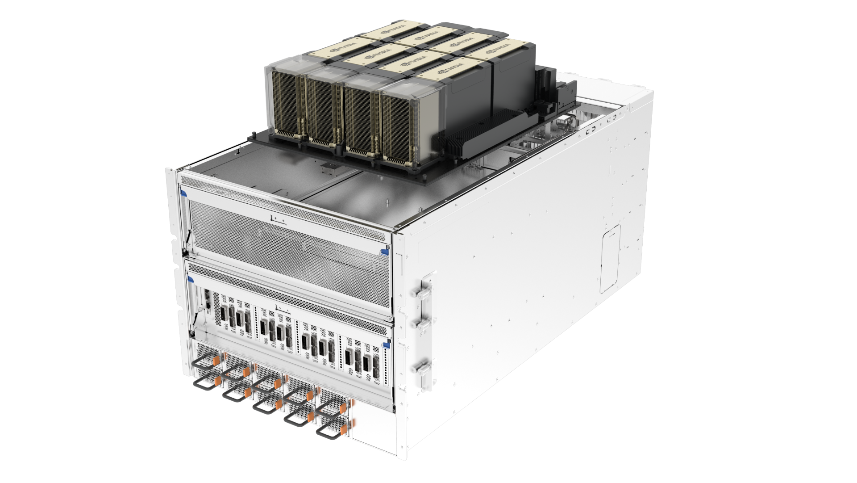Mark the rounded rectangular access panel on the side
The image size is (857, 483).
click(610, 259)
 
